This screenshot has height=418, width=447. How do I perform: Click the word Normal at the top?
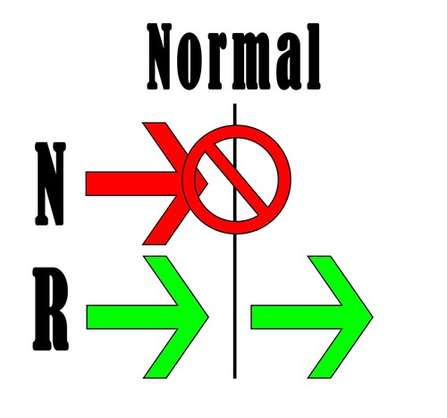point(233,56)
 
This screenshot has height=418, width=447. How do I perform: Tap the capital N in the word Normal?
point(159,56)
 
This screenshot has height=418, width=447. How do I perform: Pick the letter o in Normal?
point(188,64)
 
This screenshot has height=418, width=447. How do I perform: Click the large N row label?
point(50,183)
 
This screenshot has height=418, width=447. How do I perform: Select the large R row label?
point(51,309)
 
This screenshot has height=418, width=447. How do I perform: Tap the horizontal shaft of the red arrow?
point(132,183)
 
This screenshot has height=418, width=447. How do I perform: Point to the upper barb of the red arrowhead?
point(168,143)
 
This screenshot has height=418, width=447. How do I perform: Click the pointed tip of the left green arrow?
point(208,317)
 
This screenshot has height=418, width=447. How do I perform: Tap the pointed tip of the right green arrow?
point(373,317)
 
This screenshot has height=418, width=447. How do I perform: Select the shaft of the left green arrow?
point(132,317)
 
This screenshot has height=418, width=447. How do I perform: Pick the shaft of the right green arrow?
point(297,317)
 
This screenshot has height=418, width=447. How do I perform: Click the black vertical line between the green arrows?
point(235,316)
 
